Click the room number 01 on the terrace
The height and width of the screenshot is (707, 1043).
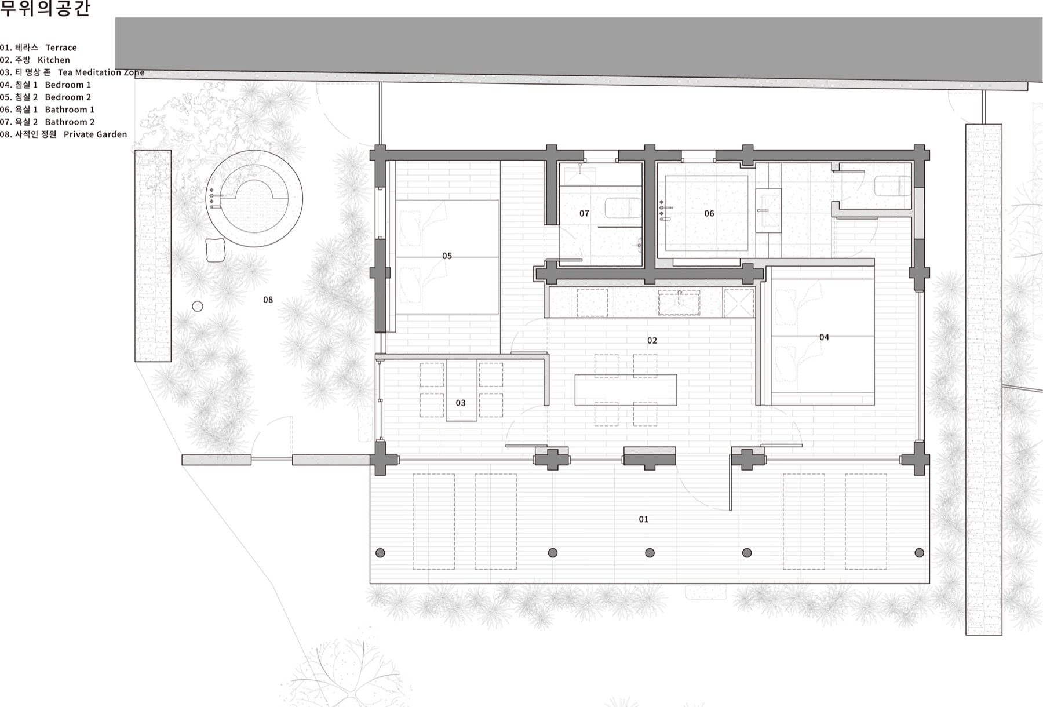point(644,519)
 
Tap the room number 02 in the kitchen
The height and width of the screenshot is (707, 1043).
point(652,341)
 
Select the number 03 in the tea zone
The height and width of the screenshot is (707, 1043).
point(461,403)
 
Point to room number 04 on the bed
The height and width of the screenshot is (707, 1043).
point(824,337)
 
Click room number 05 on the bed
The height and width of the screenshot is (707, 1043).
point(447,256)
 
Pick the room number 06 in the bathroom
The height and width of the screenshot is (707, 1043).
point(709,213)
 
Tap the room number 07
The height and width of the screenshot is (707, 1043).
point(584,213)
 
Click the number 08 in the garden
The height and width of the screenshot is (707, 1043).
point(268,300)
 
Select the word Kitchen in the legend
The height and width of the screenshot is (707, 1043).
point(54,60)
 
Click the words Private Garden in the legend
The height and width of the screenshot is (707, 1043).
point(95,134)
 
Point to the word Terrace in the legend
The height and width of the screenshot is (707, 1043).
point(61,48)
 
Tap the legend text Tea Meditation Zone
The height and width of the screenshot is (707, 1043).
point(101,72)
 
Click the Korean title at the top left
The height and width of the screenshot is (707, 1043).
point(45,9)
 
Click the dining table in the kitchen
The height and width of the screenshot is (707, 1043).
point(626,390)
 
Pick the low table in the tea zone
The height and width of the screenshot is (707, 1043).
point(461,390)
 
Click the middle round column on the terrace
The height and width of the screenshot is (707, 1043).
point(650,553)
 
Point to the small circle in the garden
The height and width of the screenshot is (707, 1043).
point(198,307)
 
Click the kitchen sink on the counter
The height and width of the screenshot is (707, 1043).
point(679,303)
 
